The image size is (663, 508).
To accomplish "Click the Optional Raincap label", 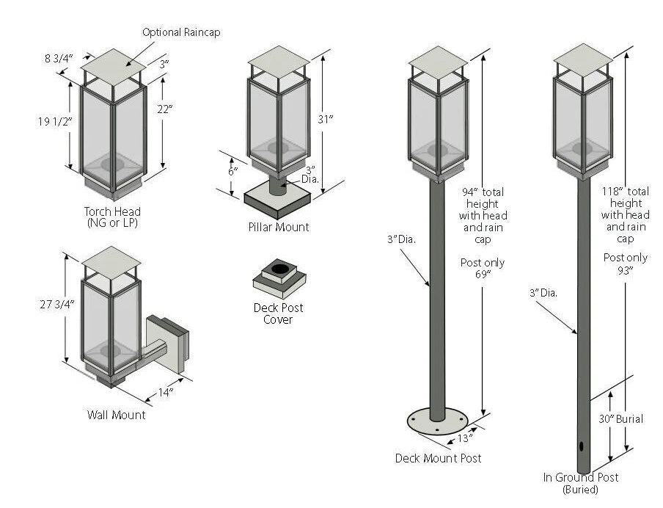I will click(x=180, y=32).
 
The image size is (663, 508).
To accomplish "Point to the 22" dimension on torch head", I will click(x=164, y=109).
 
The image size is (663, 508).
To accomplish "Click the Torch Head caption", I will click(x=112, y=217).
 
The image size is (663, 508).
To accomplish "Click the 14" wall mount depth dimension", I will click(x=166, y=392).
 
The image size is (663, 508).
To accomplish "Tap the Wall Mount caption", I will click(x=116, y=415).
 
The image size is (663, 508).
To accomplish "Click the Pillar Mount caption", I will click(x=278, y=227).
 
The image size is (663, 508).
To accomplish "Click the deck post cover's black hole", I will click(x=279, y=269).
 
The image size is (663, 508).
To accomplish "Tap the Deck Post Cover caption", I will click(x=278, y=313).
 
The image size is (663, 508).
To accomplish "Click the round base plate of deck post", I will click(x=437, y=424).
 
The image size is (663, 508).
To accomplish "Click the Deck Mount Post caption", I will click(x=438, y=458).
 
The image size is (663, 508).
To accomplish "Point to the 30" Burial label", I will click(x=620, y=419).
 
